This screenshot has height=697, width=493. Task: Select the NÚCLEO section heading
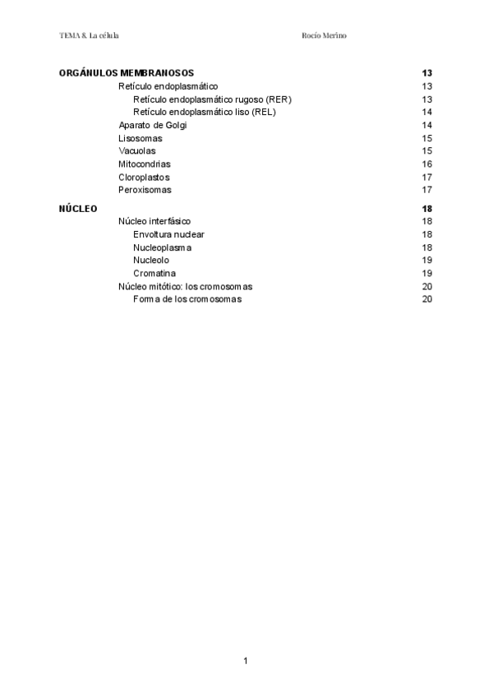78,209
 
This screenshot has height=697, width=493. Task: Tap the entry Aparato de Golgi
153,125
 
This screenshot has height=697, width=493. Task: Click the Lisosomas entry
141,138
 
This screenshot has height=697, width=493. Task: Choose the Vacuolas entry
137,151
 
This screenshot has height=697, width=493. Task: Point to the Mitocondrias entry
145,164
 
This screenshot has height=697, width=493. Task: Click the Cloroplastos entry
144,178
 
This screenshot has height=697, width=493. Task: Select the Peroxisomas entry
145,190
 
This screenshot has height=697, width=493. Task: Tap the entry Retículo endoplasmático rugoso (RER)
212,99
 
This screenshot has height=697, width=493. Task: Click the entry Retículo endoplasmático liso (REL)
204,112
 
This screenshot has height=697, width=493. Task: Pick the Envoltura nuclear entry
168,234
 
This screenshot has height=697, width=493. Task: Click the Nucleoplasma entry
163,247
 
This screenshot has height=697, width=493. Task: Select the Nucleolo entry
151,261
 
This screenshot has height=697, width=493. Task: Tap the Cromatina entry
154,273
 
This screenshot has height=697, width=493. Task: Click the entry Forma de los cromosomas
187,299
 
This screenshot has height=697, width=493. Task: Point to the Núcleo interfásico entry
161,222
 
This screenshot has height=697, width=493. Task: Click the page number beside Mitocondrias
427,164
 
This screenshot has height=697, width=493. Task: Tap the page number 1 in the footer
245,661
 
